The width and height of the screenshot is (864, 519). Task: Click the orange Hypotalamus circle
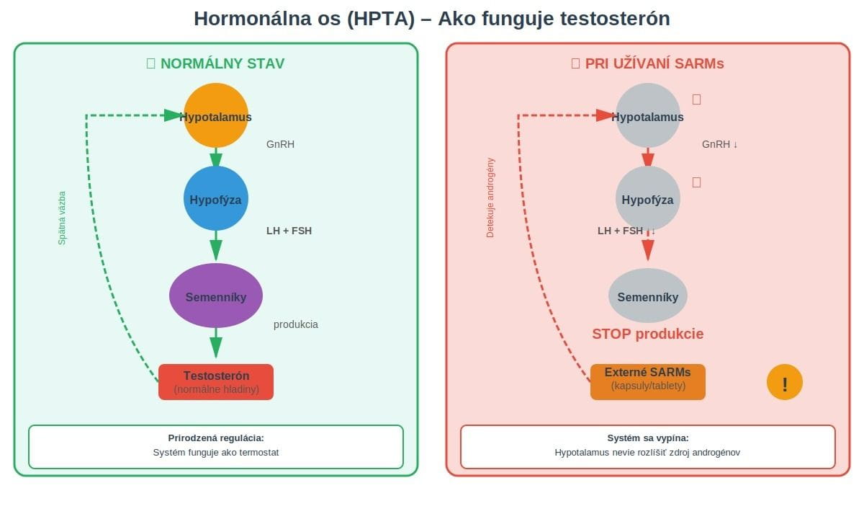[216, 116]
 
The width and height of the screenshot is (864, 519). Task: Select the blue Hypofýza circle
[216, 199]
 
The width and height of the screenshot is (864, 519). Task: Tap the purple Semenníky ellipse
[216, 296]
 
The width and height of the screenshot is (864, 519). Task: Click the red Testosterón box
[216, 382]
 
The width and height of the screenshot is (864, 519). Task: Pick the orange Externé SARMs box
[647, 382]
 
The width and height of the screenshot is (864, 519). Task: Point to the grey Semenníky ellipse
[648, 296]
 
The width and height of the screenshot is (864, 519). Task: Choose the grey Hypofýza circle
[648, 199]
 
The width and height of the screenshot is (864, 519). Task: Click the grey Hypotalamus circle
[648, 116]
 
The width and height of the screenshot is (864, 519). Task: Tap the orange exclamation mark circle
[784, 383]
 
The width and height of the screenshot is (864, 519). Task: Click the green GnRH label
[280, 144]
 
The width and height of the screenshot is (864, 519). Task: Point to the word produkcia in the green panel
[295, 324]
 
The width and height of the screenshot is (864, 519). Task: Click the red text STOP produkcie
[647, 334]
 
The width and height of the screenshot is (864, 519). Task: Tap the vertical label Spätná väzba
[62, 218]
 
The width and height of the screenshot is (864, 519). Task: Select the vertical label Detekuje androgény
[491, 198]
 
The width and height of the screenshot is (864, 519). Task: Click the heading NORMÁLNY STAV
[222, 63]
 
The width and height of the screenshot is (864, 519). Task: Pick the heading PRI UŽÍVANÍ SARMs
[654, 63]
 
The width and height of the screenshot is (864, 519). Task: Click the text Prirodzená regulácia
[216, 438]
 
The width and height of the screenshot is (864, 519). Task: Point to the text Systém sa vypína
[647, 438]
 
